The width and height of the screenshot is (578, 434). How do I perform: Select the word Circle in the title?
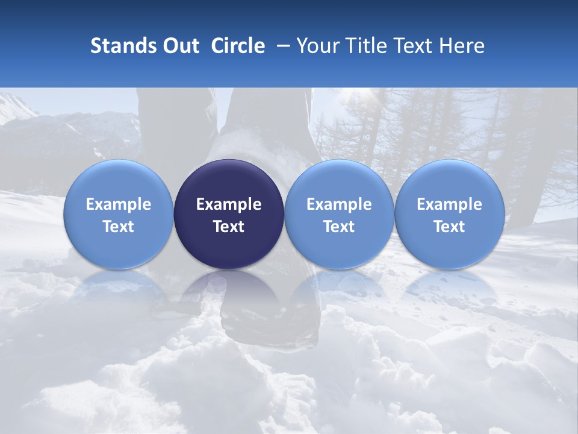pyautogui.click(x=238, y=46)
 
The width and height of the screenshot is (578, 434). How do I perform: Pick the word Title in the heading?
pyautogui.click(x=365, y=46)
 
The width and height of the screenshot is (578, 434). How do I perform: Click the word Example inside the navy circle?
pyautogui.click(x=229, y=204)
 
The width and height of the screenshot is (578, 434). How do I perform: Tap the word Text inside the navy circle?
pyautogui.click(x=229, y=227)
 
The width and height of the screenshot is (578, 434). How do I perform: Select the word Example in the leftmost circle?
pyautogui.click(x=118, y=204)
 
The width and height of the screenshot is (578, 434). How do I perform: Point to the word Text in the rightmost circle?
pyautogui.click(x=450, y=227)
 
